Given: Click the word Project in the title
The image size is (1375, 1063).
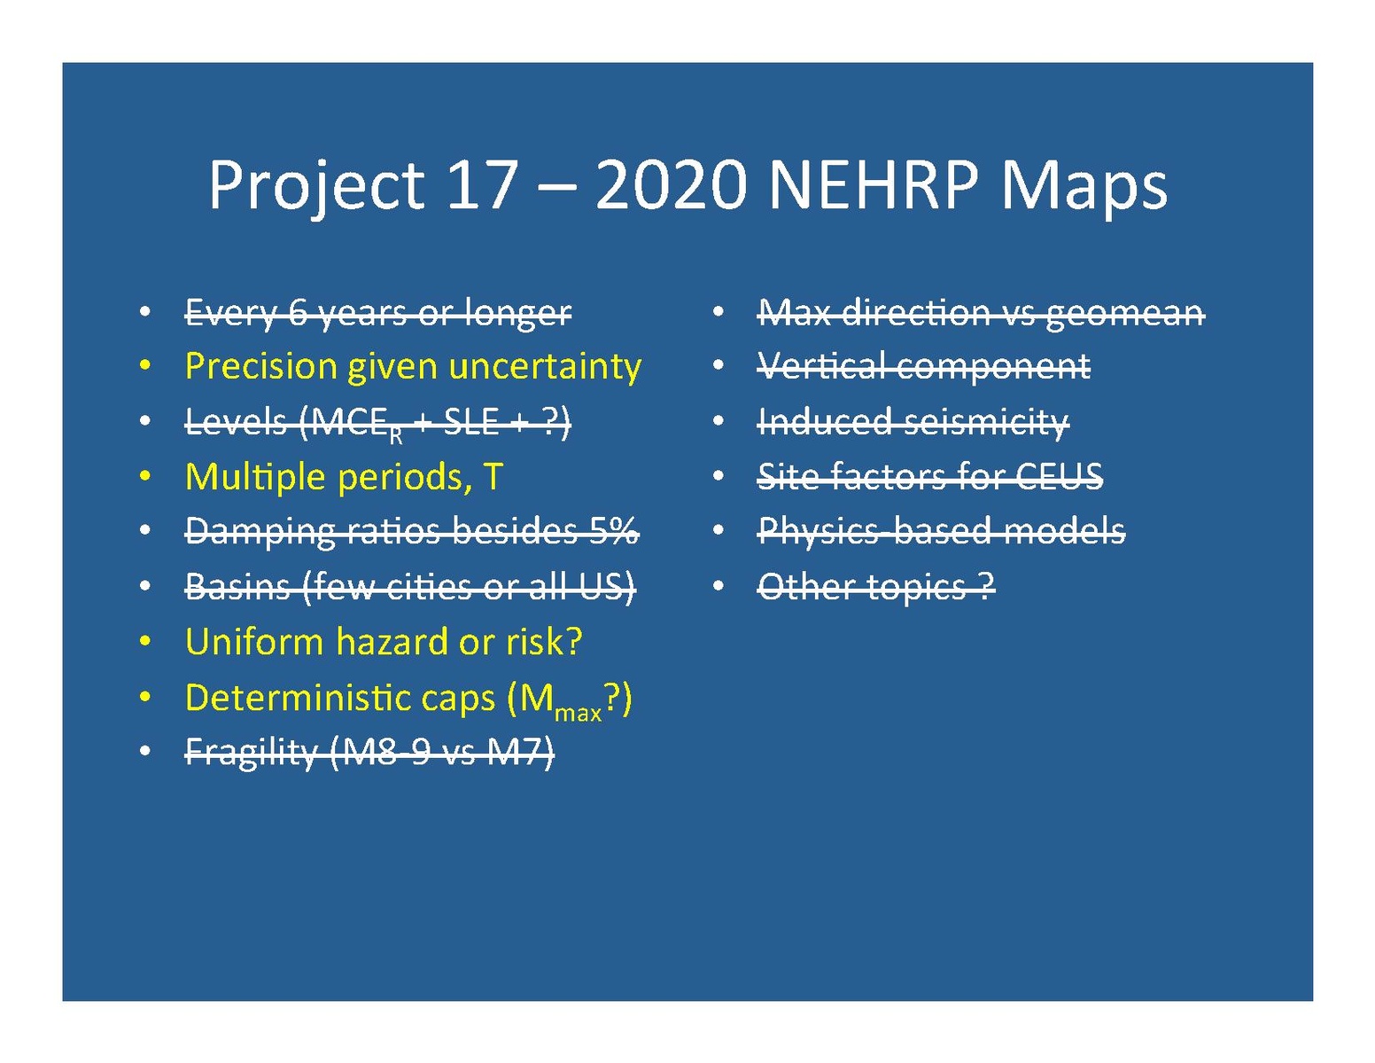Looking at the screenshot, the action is [x=316, y=186].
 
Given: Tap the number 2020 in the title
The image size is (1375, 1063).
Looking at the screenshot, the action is [x=672, y=184].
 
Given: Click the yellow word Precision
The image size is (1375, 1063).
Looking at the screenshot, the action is [x=260, y=366].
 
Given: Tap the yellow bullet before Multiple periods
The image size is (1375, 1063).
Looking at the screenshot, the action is [x=145, y=476].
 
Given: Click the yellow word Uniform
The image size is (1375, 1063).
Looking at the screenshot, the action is [x=254, y=641].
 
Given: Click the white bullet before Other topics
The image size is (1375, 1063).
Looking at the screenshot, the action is [x=718, y=586].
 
